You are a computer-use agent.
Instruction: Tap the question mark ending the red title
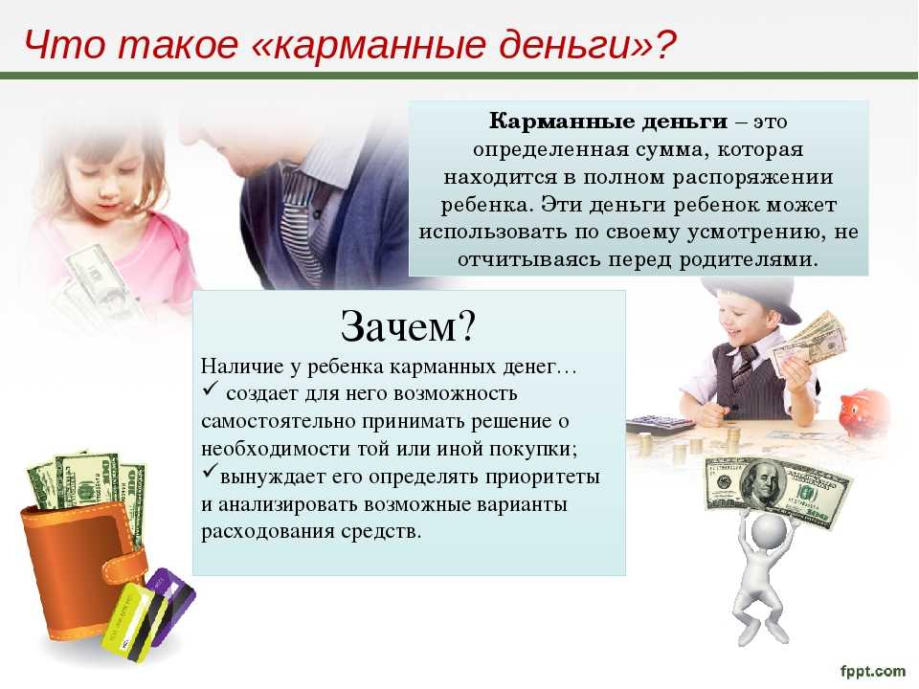coord(665,44)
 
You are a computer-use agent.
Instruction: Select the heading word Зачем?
coord(408,325)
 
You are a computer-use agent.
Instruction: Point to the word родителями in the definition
coord(748,259)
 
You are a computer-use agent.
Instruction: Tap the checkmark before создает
coord(210,389)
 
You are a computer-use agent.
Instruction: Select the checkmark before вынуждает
coord(210,471)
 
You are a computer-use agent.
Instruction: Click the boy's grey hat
coord(753,299)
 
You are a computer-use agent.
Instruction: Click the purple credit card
coord(171,604)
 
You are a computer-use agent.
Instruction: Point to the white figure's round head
coord(769,532)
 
